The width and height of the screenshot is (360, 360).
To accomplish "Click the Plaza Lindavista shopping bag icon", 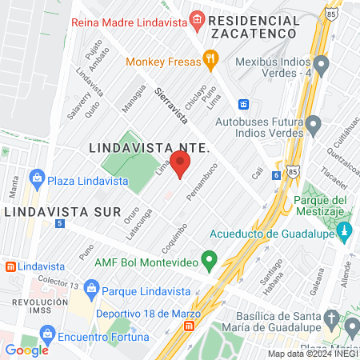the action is pyautogui.click(x=35, y=178).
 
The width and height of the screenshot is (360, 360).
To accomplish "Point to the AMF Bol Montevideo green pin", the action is pyautogui.click(x=210, y=260).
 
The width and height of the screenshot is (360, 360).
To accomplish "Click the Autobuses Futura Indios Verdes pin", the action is pyautogui.click(x=314, y=124).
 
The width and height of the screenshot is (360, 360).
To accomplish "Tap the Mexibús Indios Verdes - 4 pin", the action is pyautogui.click(x=322, y=63).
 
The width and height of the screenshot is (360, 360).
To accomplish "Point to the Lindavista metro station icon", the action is pyautogui.click(x=10, y=266).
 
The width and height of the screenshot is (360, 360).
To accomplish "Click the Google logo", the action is pyautogui.click(x=26, y=350).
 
